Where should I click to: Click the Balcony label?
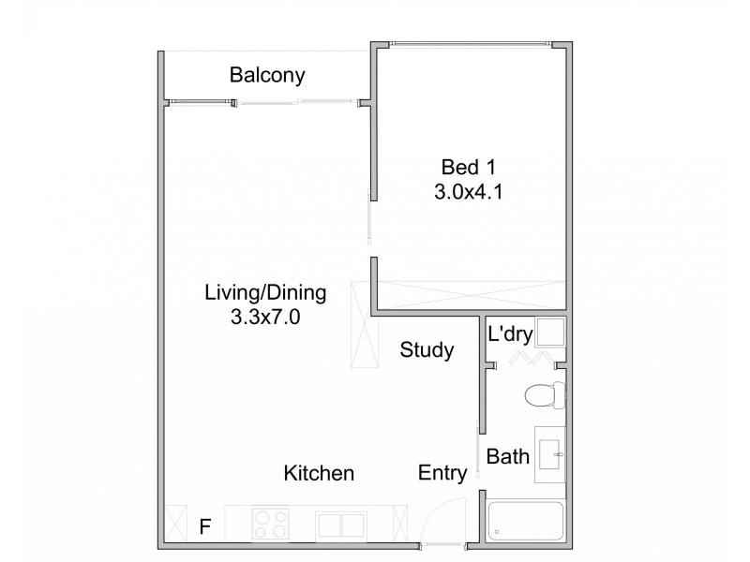tap(267, 76)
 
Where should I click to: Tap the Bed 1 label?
tap(468, 169)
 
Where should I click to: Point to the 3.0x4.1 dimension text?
tap(468, 194)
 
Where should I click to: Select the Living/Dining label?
tap(265, 292)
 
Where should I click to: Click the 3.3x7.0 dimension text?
tap(265, 317)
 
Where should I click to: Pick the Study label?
tap(427, 351)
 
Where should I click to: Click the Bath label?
tap(510, 457)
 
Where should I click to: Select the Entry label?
tap(442, 474)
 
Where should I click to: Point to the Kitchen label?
tap(319, 474)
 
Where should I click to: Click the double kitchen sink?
tap(342, 524)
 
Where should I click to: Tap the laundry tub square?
tap(550, 333)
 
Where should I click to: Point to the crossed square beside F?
tap(176, 523)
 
